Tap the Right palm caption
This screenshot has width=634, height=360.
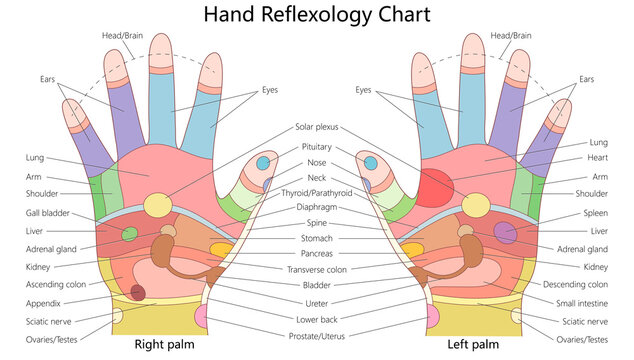pos(165,345)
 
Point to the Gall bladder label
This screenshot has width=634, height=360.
pos(47,213)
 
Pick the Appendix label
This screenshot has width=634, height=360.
pos(44,303)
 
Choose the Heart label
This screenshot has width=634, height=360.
pos(598,159)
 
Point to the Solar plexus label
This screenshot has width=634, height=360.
pos(317,128)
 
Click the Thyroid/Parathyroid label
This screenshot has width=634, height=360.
pos(317,192)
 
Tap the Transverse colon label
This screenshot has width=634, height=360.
pos(317,269)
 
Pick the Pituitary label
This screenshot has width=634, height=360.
pos(317,146)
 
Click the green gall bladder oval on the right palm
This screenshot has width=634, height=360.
pos(129,234)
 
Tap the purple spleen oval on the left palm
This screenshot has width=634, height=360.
pos(506,233)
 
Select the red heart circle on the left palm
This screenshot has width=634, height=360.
pos(434,187)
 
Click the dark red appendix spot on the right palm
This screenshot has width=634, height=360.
pos(138,292)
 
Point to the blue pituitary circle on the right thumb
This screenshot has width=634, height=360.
pos(263,162)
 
